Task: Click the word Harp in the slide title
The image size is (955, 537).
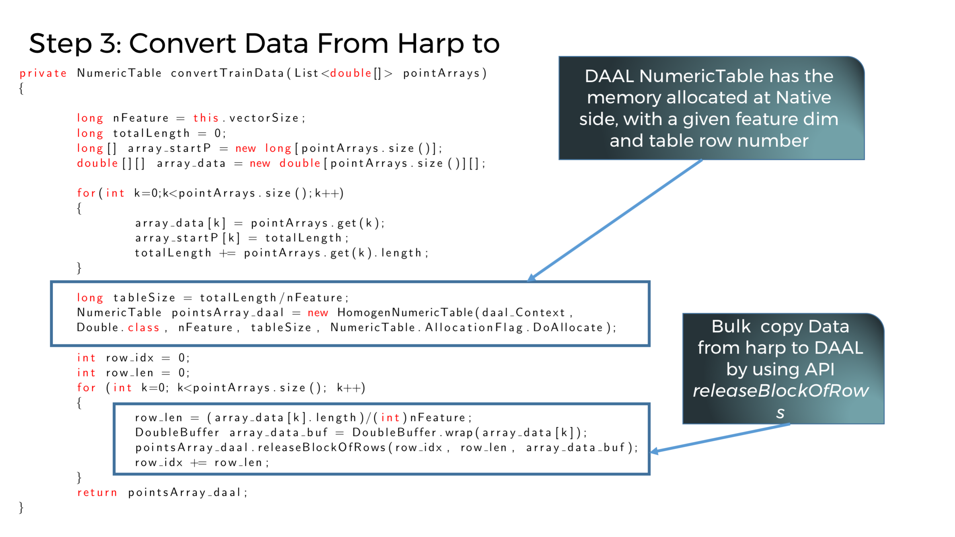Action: pyautogui.click(x=431, y=44)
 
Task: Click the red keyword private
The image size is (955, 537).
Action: pyautogui.click(x=43, y=74)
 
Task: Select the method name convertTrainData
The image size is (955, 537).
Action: pyautogui.click(x=227, y=74)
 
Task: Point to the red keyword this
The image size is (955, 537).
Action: pyautogui.click(x=206, y=118)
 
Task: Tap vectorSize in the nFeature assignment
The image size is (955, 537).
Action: pyautogui.click(x=264, y=118)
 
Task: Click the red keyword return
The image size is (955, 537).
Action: pyautogui.click(x=97, y=492)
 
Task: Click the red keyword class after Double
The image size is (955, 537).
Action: pyautogui.click(x=143, y=328)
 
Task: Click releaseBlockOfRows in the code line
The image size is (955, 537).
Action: pyautogui.click(x=322, y=448)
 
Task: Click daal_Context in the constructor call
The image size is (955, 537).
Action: pyautogui.click(x=523, y=313)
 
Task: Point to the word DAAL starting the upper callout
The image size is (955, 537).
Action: pyautogui.click(x=609, y=76)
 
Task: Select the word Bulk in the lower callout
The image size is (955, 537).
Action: pyautogui.click(x=731, y=327)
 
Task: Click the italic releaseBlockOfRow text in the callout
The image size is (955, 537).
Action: pyautogui.click(x=780, y=391)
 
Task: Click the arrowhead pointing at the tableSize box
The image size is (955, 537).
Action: pyautogui.click(x=532, y=278)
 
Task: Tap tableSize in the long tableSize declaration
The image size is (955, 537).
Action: pyautogui.click(x=144, y=298)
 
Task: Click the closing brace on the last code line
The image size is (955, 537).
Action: pyautogui.click(x=21, y=508)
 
